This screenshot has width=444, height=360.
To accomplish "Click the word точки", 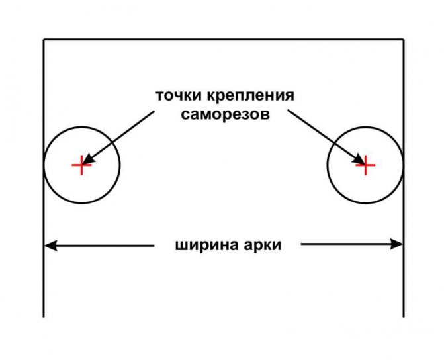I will [178, 95].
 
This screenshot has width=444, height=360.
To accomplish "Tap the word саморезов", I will [224, 114].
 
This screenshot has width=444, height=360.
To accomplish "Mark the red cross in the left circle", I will [81, 165].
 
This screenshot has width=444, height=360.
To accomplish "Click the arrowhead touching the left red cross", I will [89, 159].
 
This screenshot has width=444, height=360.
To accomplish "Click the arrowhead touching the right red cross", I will [358, 159].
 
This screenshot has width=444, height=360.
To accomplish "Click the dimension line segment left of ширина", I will [106, 245].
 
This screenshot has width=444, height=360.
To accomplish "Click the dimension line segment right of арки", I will [344, 245].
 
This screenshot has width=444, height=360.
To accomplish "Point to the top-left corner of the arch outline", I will [44, 40].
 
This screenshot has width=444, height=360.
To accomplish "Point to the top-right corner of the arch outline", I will [404, 40].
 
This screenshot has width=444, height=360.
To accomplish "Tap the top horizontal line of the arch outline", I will [224, 40].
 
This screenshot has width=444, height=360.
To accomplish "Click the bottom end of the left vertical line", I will [44, 316].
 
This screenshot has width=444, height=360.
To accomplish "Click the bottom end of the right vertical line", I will [404, 316].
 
